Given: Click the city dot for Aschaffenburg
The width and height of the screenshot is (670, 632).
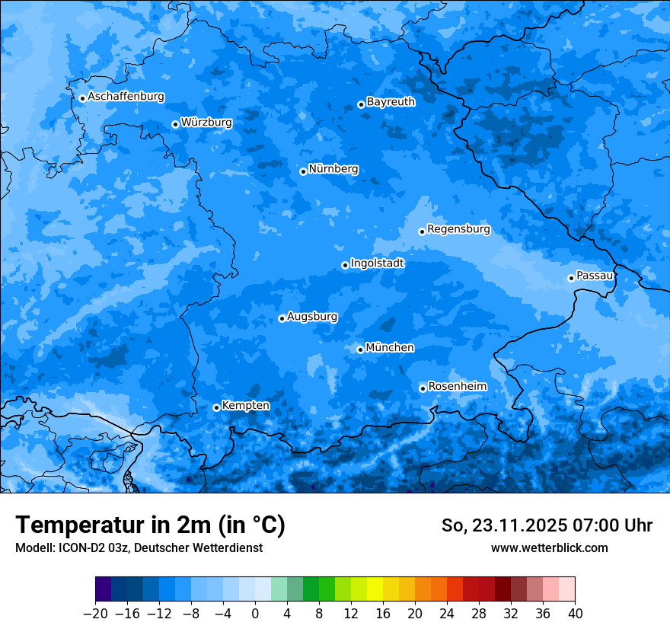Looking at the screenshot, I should point(82,98).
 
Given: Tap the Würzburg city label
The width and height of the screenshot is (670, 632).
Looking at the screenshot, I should point(206,123).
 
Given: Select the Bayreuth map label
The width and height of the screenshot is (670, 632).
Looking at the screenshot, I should point(391,102).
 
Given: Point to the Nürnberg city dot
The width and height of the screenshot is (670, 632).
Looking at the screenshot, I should point(303,171).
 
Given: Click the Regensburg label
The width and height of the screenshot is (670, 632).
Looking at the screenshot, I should point(458,229).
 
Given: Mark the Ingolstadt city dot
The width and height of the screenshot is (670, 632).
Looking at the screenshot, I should point(345,266).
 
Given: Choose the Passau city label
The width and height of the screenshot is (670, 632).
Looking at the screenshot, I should point(595,276).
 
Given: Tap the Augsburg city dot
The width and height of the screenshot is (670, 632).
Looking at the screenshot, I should point(282,318).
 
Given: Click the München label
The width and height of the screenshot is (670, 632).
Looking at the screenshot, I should point(390,348).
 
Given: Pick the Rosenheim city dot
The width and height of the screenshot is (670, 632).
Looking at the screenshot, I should point(423,389).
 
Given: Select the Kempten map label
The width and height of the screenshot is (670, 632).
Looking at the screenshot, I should point(245,406).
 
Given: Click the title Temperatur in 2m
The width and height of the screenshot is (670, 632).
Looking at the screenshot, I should point(150,525).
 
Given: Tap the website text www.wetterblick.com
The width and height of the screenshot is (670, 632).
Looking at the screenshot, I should point(549,547).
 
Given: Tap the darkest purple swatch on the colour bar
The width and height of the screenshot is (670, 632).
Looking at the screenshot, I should point(104,589).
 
